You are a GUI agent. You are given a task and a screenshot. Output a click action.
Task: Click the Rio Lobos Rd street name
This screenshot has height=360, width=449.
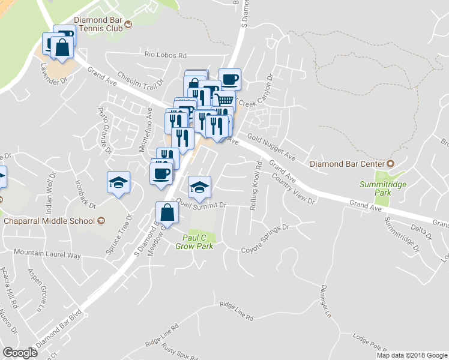[x=166, y=54]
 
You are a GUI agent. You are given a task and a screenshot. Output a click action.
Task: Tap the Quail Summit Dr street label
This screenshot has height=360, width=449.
[x=201, y=205]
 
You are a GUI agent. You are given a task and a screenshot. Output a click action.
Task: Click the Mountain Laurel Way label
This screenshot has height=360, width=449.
[x=47, y=254]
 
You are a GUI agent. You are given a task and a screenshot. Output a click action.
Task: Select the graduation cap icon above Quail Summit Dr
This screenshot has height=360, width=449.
[x=199, y=187]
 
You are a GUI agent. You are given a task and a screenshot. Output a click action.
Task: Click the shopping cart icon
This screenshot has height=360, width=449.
[x=224, y=100]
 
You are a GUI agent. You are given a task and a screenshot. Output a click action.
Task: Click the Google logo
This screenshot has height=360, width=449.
[x=20, y=353]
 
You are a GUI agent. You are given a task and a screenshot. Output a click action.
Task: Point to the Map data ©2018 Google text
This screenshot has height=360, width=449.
[x=411, y=355]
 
